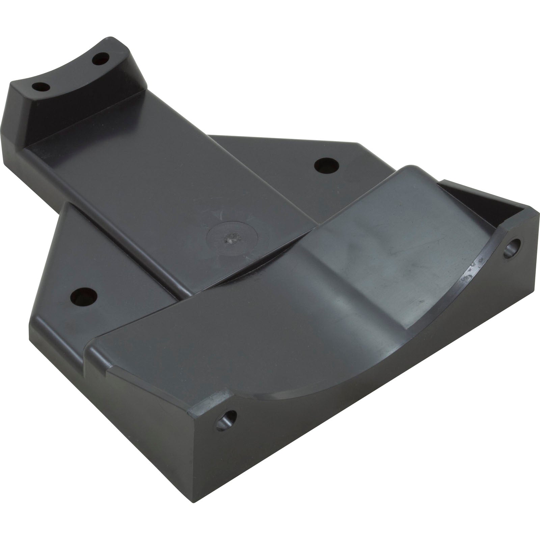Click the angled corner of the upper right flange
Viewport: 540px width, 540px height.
[364, 148]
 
